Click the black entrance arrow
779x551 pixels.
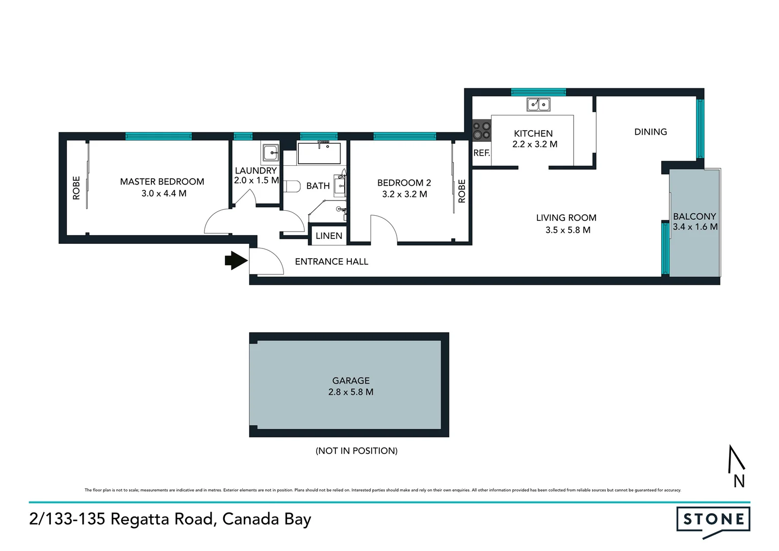click(x=236, y=260)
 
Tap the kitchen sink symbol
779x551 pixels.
click(x=538, y=105)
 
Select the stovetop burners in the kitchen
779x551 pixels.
click(x=481, y=130)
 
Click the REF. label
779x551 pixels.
click(x=481, y=153)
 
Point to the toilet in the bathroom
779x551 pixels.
click(x=291, y=186)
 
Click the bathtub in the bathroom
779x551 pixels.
click(x=319, y=153)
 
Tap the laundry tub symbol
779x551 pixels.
click(x=270, y=152)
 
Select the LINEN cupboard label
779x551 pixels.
click(x=329, y=236)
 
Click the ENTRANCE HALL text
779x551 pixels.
click(x=331, y=262)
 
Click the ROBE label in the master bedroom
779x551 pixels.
click(x=76, y=188)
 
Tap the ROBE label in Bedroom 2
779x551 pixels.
click(x=462, y=191)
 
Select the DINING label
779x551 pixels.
click(x=651, y=132)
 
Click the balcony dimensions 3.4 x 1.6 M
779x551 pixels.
click(x=695, y=227)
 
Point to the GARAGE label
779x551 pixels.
click(x=351, y=381)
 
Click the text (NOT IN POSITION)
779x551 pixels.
click(x=356, y=451)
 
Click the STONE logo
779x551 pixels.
click(x=713, y=520)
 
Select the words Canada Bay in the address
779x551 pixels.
click(x=267, y=519)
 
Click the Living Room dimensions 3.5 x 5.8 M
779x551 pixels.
click(x=568, y=230)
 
